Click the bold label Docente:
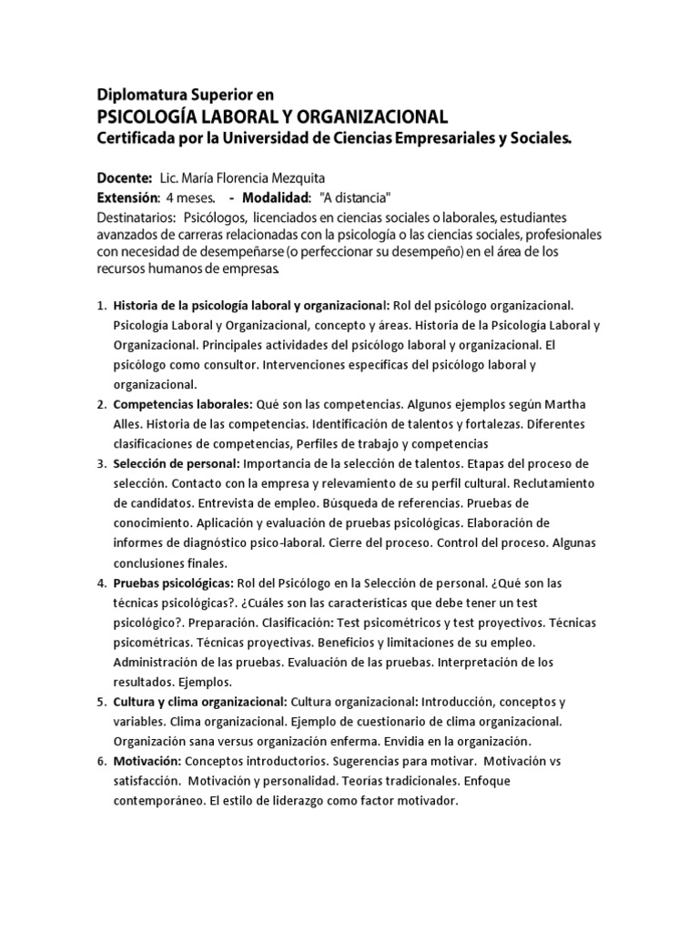[x=123, y=177]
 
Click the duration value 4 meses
[x=190, y=198]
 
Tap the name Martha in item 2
[x=566, y=405]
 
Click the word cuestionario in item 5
[x=349, y=721]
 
